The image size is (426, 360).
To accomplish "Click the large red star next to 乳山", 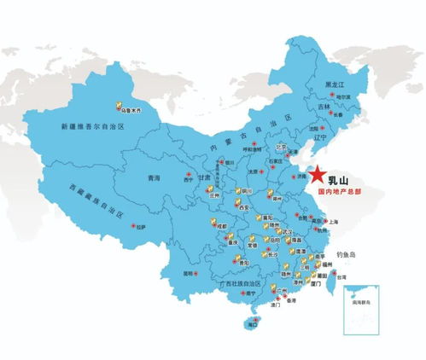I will [316, 174].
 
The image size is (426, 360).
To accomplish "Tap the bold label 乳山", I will [340, 180].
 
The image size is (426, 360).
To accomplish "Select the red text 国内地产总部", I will [343, 193].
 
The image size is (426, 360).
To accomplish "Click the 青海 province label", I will [154, 178].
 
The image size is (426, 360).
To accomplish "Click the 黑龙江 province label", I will [335, 85].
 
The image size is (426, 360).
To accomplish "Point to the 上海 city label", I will [332, 222].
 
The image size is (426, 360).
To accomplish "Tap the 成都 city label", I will [222, 226].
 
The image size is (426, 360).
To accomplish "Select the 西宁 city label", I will [188, 180].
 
